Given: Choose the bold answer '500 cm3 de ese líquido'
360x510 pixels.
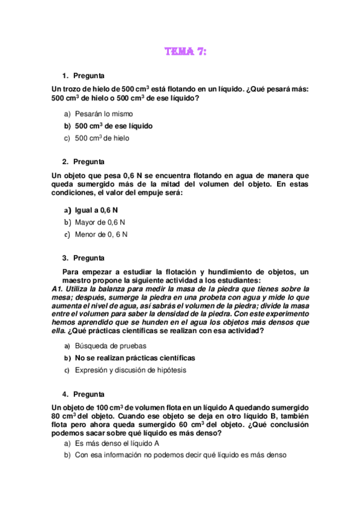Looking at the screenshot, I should pos(114,126).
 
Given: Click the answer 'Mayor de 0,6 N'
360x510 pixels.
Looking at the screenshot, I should pos(100,223).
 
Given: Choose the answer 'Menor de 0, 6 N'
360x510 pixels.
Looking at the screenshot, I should pos(101,235).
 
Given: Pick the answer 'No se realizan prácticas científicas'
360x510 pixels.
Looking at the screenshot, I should pos(135,358).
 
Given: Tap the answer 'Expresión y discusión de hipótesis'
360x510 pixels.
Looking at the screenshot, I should pos(130,370).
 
